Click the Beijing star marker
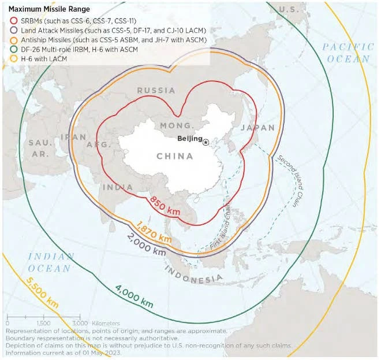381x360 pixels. click(x=206, y=142)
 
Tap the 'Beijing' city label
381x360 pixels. click(x=190, y=139)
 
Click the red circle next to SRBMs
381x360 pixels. click(x=13, y=20)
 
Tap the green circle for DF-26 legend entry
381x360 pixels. click(x=13, y=50)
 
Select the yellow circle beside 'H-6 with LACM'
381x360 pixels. click(x=13, y=60)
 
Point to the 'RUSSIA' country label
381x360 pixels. click(x=156, y=91)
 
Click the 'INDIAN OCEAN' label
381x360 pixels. click(x=51, y=262)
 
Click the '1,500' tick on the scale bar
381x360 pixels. click(x=43, y=322)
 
